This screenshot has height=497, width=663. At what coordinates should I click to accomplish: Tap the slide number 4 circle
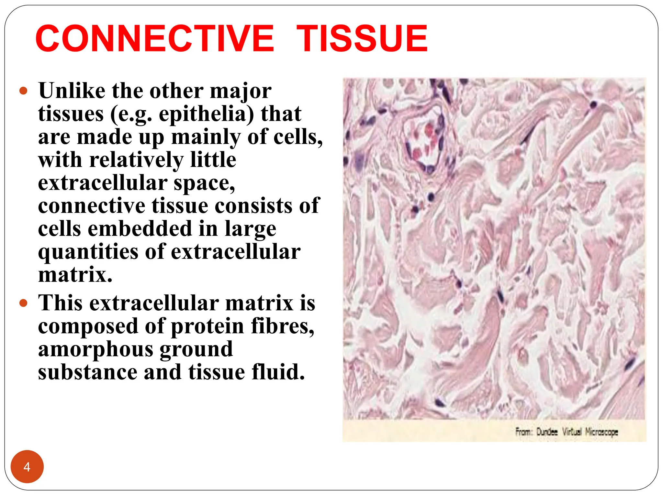click(27, 467)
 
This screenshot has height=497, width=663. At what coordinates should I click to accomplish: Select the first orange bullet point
click(23, 91)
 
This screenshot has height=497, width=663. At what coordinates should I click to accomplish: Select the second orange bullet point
click(23, 303)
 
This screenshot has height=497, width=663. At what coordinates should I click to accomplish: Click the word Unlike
click(72, 91)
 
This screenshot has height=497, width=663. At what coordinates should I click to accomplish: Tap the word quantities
click(88, 252)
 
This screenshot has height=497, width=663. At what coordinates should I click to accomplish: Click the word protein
click(207, 326)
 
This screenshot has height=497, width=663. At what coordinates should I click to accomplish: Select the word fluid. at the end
click(278, 372)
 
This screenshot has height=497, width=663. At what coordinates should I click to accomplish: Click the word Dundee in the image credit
click(547, 432)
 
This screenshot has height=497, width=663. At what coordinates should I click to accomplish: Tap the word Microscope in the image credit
click(601, 432)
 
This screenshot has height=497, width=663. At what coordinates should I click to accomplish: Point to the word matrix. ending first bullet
click(75, 275)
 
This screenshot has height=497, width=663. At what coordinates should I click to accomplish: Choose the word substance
click(87, 372)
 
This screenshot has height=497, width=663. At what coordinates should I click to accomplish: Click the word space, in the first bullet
click(204, 183)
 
